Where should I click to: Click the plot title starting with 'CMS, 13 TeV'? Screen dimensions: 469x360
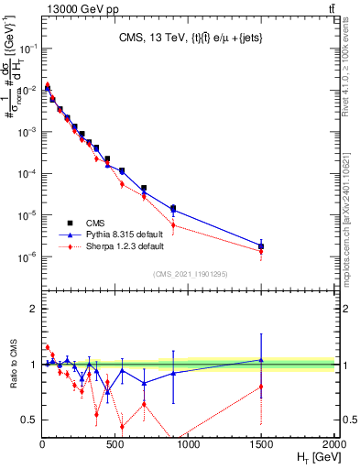pyautogui.click(x=189, y=38)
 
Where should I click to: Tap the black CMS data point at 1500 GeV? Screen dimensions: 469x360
pyautogui.click(x=261, y=245)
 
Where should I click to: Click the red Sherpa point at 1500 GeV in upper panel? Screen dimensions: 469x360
pyautogui.click(x=261, y=252)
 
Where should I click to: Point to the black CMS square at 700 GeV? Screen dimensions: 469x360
pyautogui.click(x=144, y=188)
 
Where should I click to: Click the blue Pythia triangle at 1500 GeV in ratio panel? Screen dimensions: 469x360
pyautogui.click(x=261, y=360)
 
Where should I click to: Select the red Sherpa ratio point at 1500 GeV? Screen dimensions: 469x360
pyautogui.click(x=261, y=387)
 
